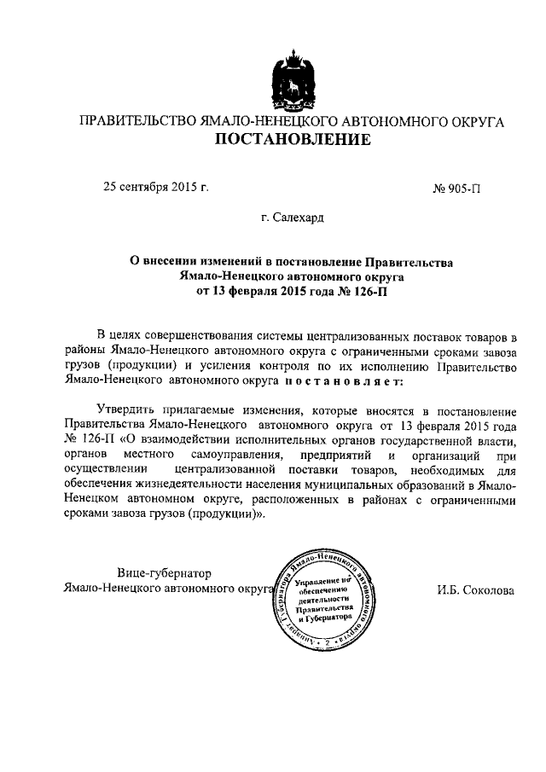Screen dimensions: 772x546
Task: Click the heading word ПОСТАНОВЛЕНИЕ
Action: tap(292, 140)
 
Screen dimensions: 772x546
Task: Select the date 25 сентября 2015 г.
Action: tap(156, 185)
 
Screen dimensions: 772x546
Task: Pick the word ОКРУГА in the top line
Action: tap(473, 122)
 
